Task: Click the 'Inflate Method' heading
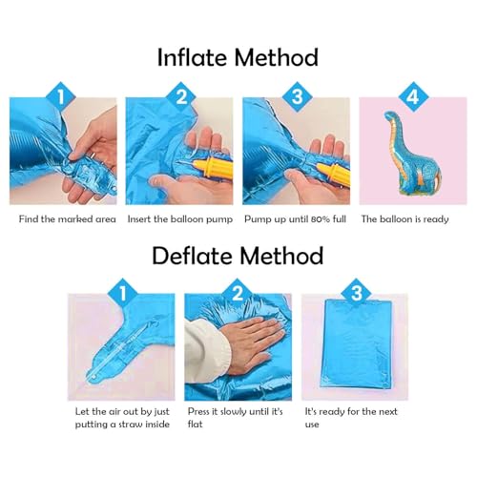(x=238, y=57)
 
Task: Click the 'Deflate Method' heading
(x=238, y=256)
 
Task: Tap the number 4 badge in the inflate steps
(x=413, y=96)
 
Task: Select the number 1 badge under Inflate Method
(x=61, y=96)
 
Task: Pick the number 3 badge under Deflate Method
(x=356, y=293)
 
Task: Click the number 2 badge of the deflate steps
(x=238, y=293)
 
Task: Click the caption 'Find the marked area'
(x=68, y=219)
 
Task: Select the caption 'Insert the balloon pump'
(x=180, y=219)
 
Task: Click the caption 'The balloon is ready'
(x=404, y=219)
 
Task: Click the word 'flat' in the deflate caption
(x=195, y=425)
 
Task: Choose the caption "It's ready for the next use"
(x=351, y=418)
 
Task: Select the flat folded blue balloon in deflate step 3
(x=356, y=344)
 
